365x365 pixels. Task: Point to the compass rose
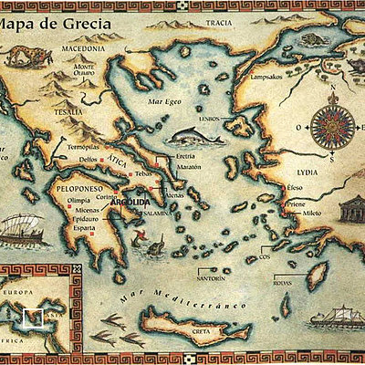329,125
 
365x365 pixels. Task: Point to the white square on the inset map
33,318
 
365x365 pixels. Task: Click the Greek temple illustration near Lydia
350,212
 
